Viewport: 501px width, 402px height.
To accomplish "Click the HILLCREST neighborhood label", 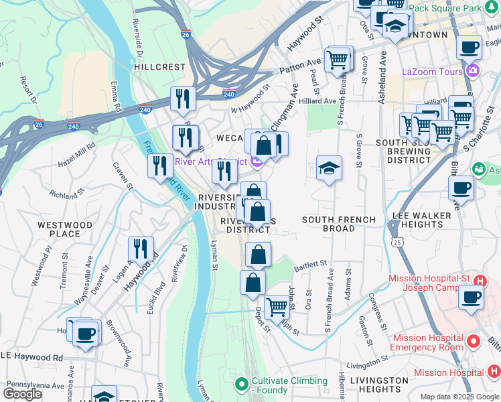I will (159, 67).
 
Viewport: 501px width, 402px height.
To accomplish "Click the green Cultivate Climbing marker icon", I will (241, 385).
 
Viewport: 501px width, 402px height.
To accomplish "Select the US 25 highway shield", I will (399, 241).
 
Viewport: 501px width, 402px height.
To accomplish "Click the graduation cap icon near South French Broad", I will (329, 167).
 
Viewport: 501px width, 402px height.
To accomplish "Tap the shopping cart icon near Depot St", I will (277, 307).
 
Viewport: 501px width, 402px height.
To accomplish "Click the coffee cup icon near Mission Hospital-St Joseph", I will (471, 297).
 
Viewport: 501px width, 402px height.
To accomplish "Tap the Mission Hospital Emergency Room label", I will (427, 342).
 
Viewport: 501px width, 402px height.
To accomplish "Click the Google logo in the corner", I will (23, 393).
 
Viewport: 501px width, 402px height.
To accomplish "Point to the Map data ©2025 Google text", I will (459, 397).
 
